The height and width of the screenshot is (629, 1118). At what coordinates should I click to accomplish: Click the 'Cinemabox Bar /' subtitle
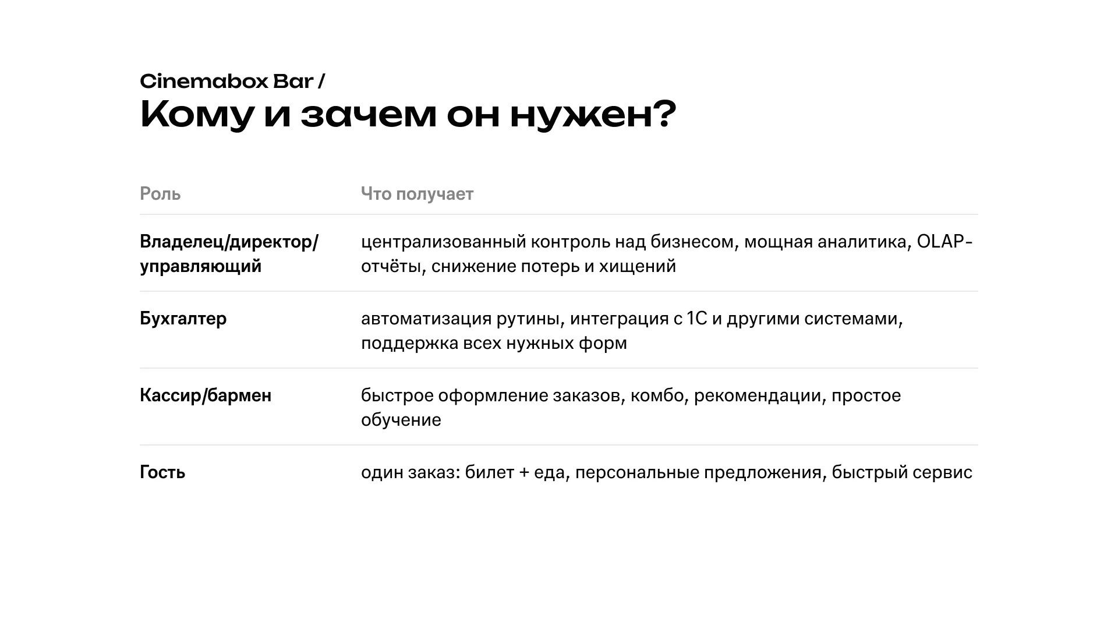click(x=232, y=82)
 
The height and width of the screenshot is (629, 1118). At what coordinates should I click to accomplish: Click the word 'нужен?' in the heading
click(x=593, y=115)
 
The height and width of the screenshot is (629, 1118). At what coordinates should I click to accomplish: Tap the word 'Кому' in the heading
click(x=197, y=115)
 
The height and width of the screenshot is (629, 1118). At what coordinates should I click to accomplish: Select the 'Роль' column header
click(x=160, y=194)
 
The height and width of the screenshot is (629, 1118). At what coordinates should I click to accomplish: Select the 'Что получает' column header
click(x=417, y=194)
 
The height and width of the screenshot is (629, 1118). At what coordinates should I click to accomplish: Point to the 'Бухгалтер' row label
click(x=183, y=319)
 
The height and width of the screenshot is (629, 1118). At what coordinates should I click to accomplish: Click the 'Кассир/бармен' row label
click(x=206, y=395)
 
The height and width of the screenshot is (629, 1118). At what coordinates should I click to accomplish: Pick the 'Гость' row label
click(x=162, y=472)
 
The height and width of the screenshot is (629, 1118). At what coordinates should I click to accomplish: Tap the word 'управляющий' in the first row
click(x=200, y=267)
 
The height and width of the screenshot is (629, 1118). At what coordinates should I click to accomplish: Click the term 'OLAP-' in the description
click(x=944, y=241)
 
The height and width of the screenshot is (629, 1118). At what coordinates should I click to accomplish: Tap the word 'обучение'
click(x=401, y=420)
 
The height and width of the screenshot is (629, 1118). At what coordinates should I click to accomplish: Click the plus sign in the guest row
click(x=523, y=472)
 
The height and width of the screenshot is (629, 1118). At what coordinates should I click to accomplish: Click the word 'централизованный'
click(x=443, y=242)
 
